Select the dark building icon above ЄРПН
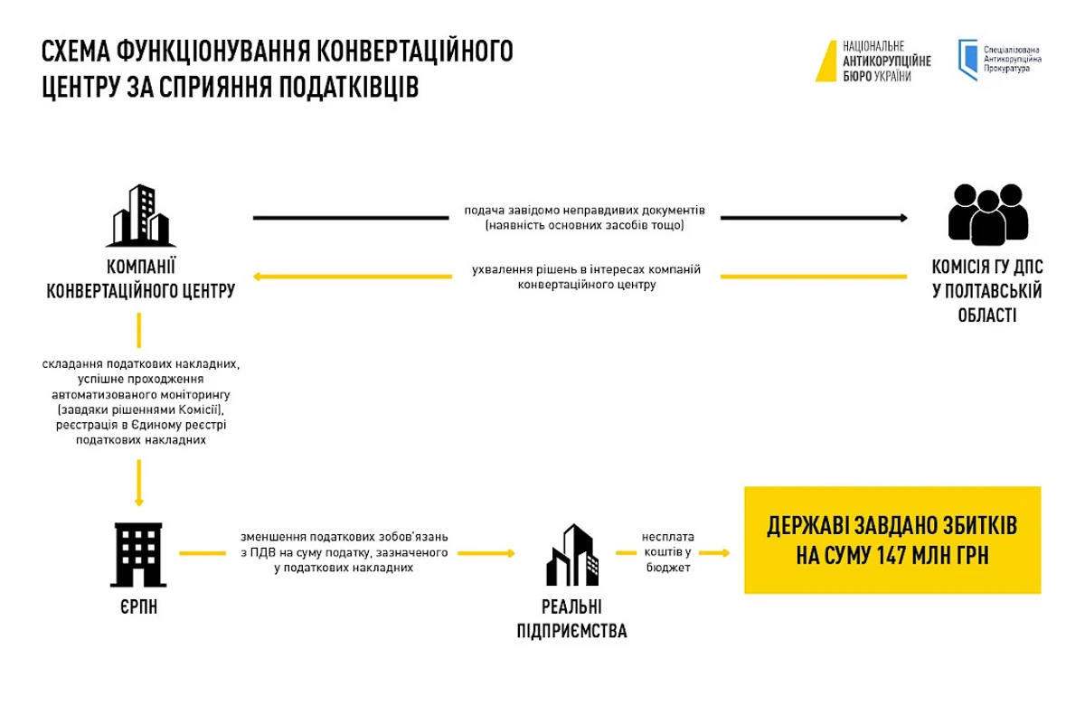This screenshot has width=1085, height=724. [138, 554]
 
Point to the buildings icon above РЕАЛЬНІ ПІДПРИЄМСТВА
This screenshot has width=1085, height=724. [571, 555]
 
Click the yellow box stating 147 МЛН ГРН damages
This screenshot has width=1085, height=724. [892, 540]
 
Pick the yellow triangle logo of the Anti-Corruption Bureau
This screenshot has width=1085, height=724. [826, 61]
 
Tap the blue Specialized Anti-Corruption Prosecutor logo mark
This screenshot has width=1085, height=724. [967, 60]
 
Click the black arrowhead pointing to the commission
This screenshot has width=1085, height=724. [902, 218]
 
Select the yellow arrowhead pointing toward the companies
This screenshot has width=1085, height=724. [258, 276]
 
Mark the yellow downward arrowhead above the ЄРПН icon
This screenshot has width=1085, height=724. [138, 501]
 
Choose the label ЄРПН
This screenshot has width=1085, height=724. [137, 606]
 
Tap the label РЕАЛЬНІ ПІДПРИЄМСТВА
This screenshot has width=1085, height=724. [571, 619]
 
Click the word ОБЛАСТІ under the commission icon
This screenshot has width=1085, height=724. [987, 315]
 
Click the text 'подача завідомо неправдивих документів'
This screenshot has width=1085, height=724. [584, 211]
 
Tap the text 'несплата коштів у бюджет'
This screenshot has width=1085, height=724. [667, 552]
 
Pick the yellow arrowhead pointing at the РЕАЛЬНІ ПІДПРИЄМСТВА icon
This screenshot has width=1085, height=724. [510, 553]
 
